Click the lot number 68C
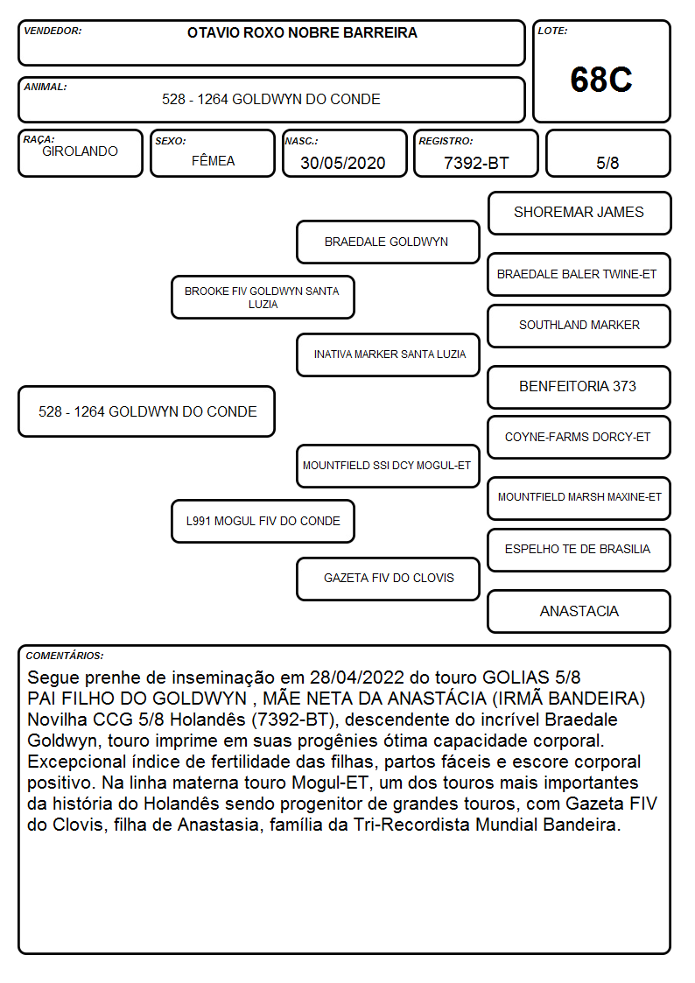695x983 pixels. tap(601, 80)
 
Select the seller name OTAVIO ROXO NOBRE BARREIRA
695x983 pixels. tap(302, 32)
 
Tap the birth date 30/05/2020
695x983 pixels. tap(343, 163)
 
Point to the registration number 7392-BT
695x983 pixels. tap(476, 163)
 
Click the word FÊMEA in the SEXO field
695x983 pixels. tap(213, 160)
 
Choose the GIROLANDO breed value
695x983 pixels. tap(80, 151)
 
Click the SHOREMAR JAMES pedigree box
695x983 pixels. tap(579, 214)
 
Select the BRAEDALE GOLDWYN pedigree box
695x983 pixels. tap(388, 242)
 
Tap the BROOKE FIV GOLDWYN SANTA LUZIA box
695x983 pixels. tap(263, 297)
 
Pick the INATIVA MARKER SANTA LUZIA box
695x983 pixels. tap(388, 355)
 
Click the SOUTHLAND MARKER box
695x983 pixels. tap(579, 326)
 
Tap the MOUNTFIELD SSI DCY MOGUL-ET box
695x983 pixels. tap(388, 466)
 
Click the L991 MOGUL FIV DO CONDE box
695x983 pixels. tap(263, 521)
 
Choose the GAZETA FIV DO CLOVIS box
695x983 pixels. tap(388, 579)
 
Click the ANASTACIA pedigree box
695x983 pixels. tap(579, 611)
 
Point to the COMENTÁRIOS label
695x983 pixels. tap(65, 656)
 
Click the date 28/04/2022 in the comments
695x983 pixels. tap(356, 678)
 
